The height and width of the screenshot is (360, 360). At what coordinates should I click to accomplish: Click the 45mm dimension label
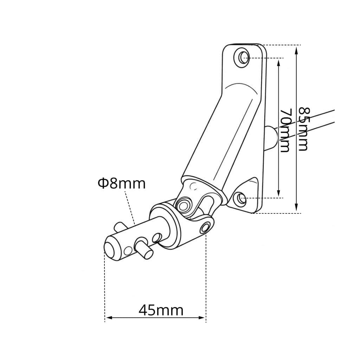coord(161,310)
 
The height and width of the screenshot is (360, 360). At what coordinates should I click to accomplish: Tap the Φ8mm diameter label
coord(122,184)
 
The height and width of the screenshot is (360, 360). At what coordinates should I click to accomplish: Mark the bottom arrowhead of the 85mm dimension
coord(296,207)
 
